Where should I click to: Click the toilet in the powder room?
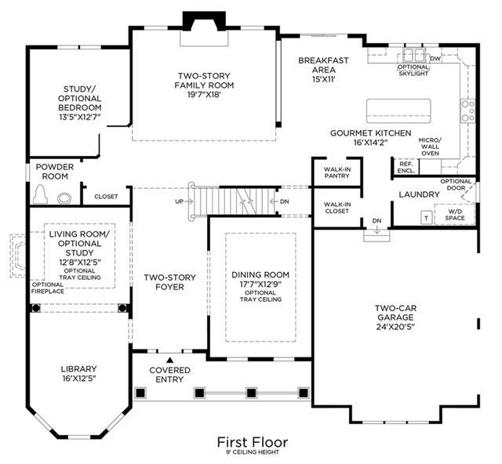[x=41, y=194]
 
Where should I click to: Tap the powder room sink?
[x=64, y=198]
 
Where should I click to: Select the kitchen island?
[x=398, y=111]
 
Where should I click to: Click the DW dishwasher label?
[x=435, y=59]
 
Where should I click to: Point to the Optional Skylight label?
[x=413, y=70]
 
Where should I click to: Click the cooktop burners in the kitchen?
[x=467, y=111]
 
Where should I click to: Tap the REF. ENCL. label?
[x=406, y=167]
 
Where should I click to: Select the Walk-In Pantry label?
[x=336, y=172]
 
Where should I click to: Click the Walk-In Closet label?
[x=336, y=208]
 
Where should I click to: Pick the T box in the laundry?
[x=426, y=218]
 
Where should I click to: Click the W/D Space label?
[x=455, y=215]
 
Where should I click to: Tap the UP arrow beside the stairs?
[x=184, y=201]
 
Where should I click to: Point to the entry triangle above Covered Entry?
[x=170, y=359]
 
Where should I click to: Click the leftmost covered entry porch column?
[x=140, y=393]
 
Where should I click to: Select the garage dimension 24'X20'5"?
[x=395, y=327]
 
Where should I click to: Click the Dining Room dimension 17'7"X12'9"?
[x=260, y=284]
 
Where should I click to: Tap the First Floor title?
[x=253, y=442]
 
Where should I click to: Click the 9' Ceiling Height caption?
[x=253, y=452]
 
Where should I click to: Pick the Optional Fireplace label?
[x=48, y=288]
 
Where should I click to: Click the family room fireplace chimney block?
[x=204, y=21]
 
